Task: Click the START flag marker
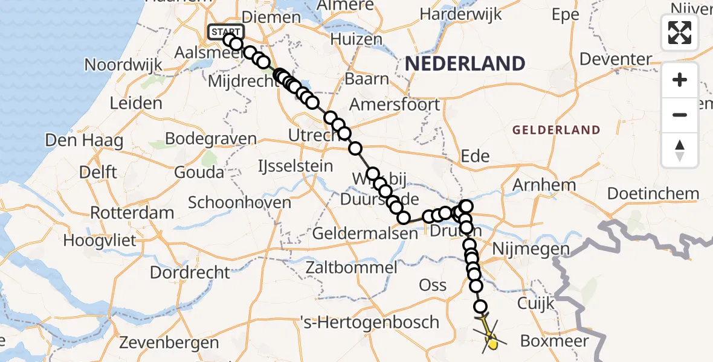pos(226,32)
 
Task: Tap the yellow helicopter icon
pos(490,338)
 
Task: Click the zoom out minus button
pos(680,115)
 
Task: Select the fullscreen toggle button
pos(680,33)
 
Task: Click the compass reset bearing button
pos(680,150)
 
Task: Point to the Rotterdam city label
pos(132,213)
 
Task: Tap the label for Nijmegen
pos(531,249)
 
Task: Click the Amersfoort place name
pos(395,104)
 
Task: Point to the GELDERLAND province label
pos(556,130)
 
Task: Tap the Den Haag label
pos(84,141)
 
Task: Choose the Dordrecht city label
pos(190,272)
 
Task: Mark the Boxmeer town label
pos(554,341)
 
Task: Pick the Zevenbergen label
pos(169,343)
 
